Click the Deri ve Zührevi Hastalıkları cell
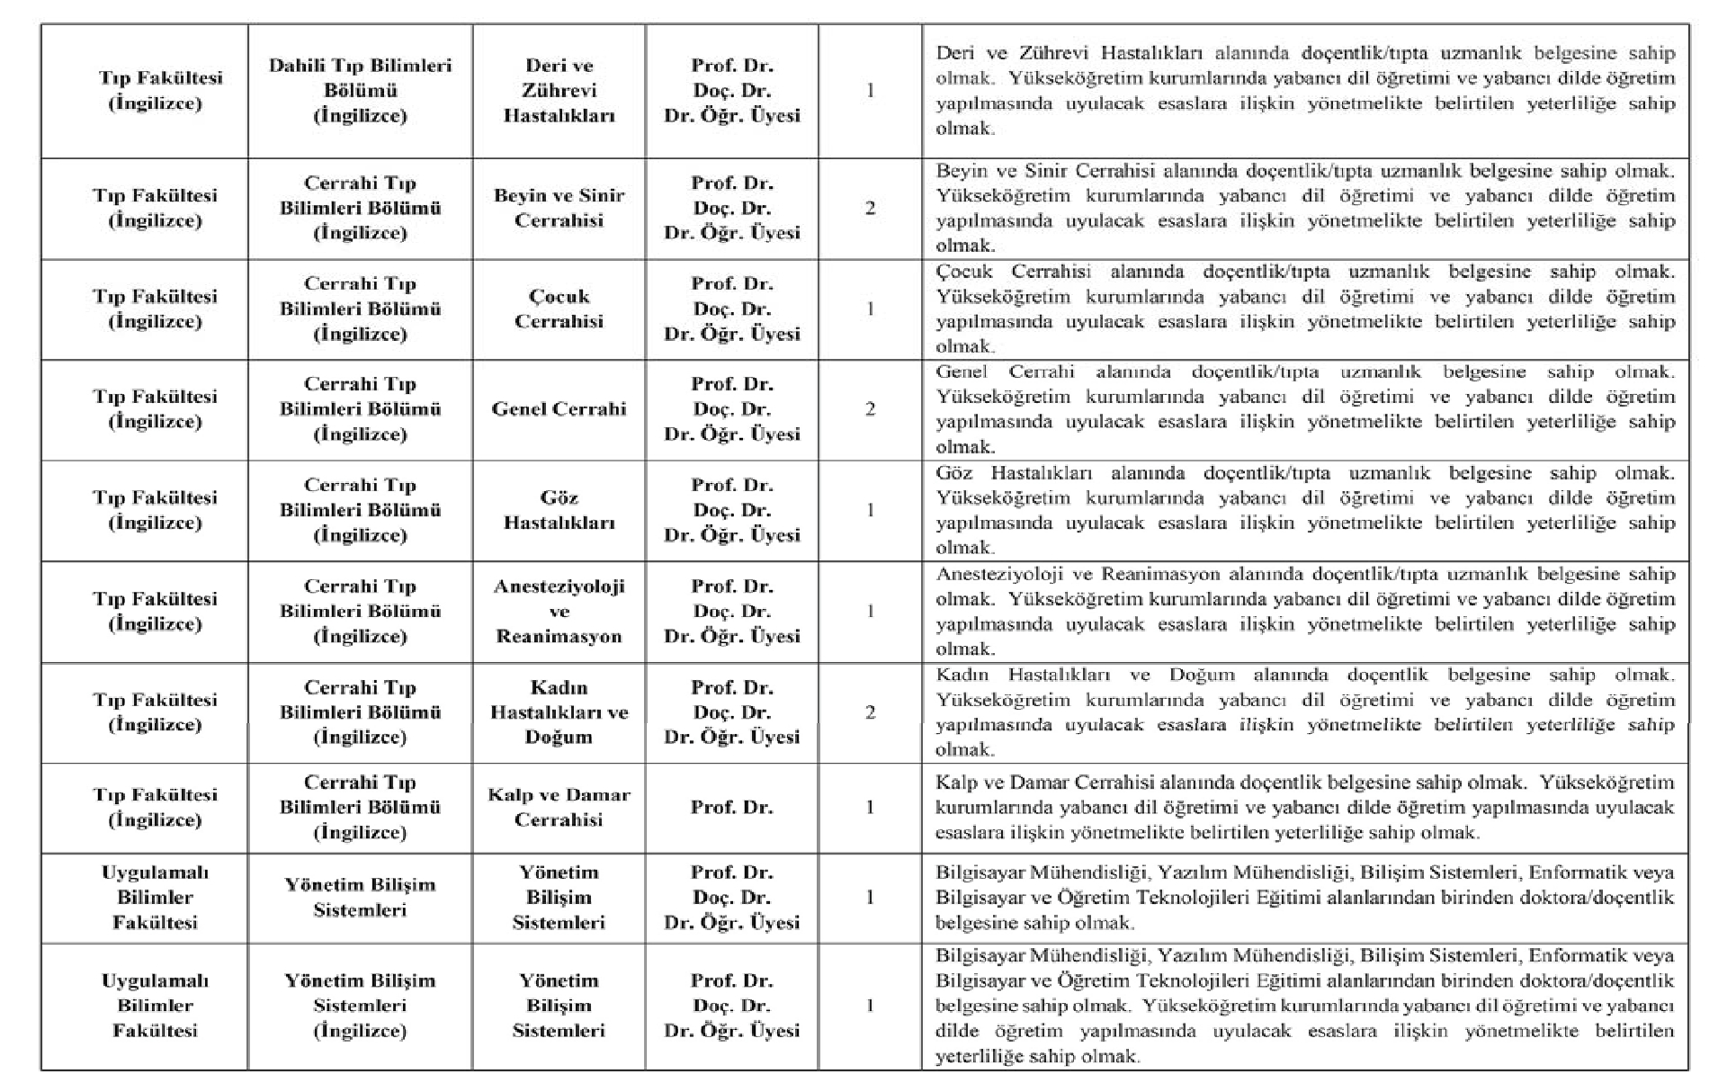[x=559, y=91]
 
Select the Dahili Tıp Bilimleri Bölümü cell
[x=360, y=91]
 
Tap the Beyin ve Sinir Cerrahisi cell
[x=559, y=208]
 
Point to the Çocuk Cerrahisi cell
[x=559, y=309]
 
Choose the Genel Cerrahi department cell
[x=559, y=409]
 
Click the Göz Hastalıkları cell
[x=559, y=510]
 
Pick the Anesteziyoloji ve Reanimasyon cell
[x=559, y=611]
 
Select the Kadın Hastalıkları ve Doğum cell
[x=559, y=712]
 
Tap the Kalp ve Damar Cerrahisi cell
[x=559, y=807]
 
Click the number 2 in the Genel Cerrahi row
[x=870, y=409]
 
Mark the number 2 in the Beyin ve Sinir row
[x=870, y=208]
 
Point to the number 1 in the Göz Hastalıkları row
[x=870, y=510]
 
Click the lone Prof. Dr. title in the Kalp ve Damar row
[x=731, y=807]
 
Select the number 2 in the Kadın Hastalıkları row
[x=870, y=712]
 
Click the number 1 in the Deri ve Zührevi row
[x=870, y=91]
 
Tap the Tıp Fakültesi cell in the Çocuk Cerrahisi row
[x=155, y=309]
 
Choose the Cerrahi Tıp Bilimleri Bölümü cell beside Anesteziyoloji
[x=360, y=611]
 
